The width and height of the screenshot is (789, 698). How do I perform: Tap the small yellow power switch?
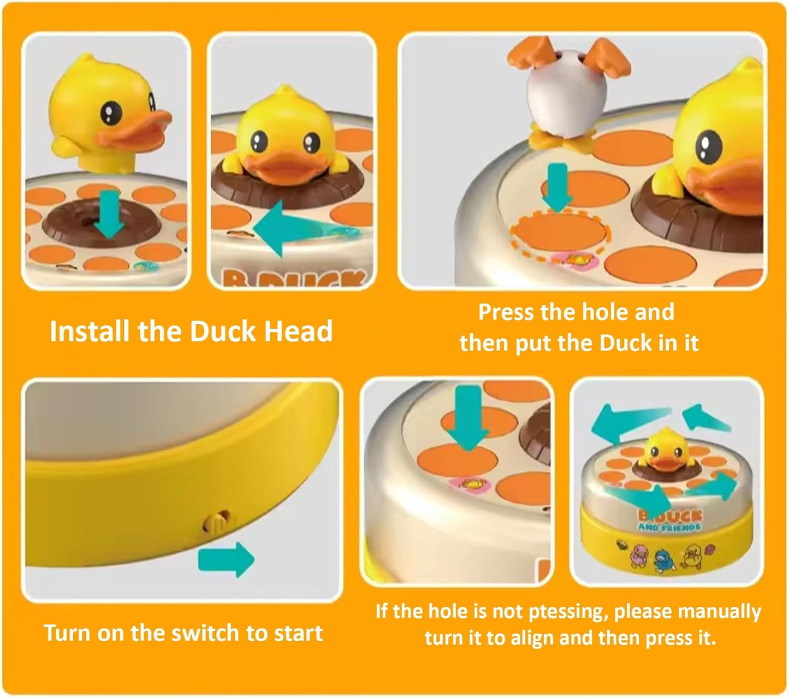pos(214,523)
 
